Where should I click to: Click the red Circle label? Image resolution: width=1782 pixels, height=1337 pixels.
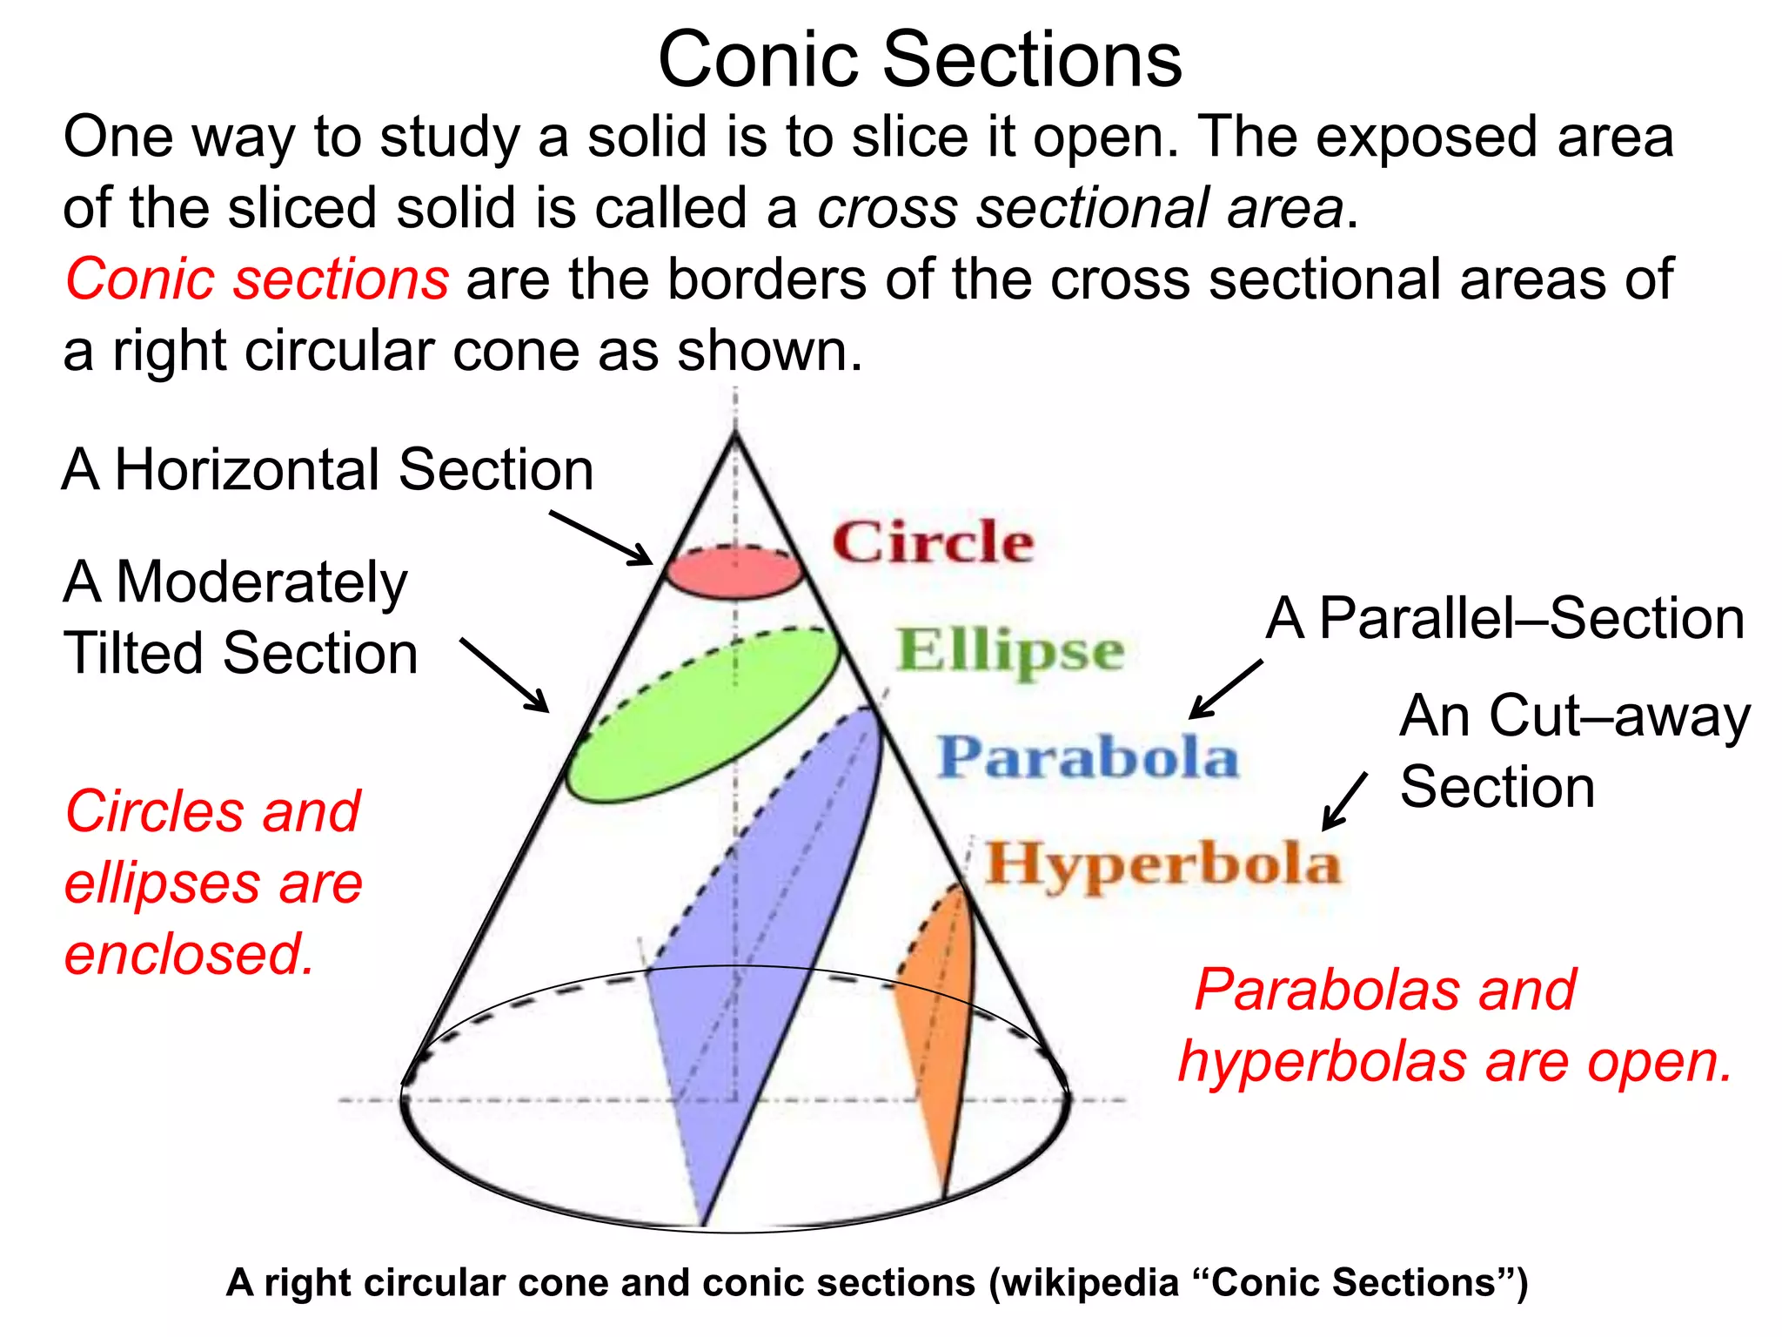tap(933, 543)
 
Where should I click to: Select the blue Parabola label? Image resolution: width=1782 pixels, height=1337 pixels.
tap(1088, 757)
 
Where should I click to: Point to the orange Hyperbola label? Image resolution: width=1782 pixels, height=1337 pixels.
tap(1162, 865)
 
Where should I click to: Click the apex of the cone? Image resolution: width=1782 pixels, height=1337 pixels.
tap(735, 433)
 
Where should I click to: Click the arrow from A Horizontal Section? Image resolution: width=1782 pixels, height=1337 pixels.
tap(600, 538)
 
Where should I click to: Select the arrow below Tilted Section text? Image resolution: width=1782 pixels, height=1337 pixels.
tap(505, 675)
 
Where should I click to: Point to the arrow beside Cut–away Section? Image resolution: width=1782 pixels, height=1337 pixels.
tap(1344, 801)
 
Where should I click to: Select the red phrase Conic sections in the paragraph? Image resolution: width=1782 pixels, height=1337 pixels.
tap(258, 279)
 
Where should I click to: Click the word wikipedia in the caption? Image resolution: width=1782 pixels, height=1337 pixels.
tap(1091, 1283)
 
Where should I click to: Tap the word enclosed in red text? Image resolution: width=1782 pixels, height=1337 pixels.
tap(190, 954)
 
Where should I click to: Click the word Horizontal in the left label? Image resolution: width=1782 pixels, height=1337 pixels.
tap(248, 470)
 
